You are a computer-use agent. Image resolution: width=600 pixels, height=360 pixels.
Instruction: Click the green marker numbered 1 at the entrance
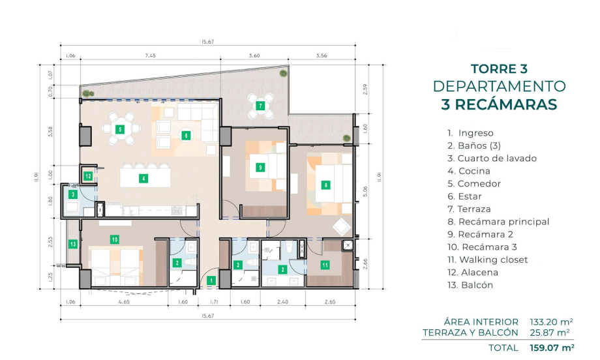click(211, 280)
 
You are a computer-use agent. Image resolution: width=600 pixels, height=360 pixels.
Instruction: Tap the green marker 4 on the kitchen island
click(143, 178)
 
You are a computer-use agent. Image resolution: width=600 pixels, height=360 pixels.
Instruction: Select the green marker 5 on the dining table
click(120, 129)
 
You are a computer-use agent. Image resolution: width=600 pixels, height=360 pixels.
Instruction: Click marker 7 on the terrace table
click(260, 106)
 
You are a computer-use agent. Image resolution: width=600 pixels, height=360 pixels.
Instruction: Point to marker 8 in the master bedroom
click(325, 186)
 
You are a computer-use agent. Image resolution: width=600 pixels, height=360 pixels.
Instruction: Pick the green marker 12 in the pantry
click(89, 176)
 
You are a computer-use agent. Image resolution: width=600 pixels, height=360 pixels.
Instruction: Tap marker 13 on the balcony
click(73, 244)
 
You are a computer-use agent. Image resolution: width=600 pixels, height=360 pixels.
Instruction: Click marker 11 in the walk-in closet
click(325, 265)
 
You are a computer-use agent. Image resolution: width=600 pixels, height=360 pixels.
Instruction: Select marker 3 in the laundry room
click(73, 194)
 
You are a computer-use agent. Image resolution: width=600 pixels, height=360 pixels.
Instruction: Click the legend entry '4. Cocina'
click(469, 171)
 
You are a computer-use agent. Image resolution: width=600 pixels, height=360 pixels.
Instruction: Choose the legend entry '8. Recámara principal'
click(498, 222)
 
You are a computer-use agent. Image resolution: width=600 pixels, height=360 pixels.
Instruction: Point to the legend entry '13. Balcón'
click(470, 285)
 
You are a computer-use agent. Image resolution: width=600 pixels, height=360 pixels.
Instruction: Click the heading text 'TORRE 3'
click(499, 69)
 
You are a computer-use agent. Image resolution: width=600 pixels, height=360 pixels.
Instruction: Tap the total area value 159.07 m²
click(552, 348)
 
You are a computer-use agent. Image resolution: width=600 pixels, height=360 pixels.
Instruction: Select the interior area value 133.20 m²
click(551, 322)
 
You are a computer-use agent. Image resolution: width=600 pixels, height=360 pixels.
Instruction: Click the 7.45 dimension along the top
click(151, 55)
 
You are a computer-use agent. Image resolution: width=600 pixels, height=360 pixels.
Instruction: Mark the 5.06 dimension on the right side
click(365, 191)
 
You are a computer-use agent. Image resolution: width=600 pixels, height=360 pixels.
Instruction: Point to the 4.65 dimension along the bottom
click(124, 302)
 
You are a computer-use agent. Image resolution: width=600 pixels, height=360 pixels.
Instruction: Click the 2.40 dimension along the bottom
click(282, 302)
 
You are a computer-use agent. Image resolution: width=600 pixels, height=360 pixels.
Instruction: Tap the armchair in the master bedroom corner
click(342, 226)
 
